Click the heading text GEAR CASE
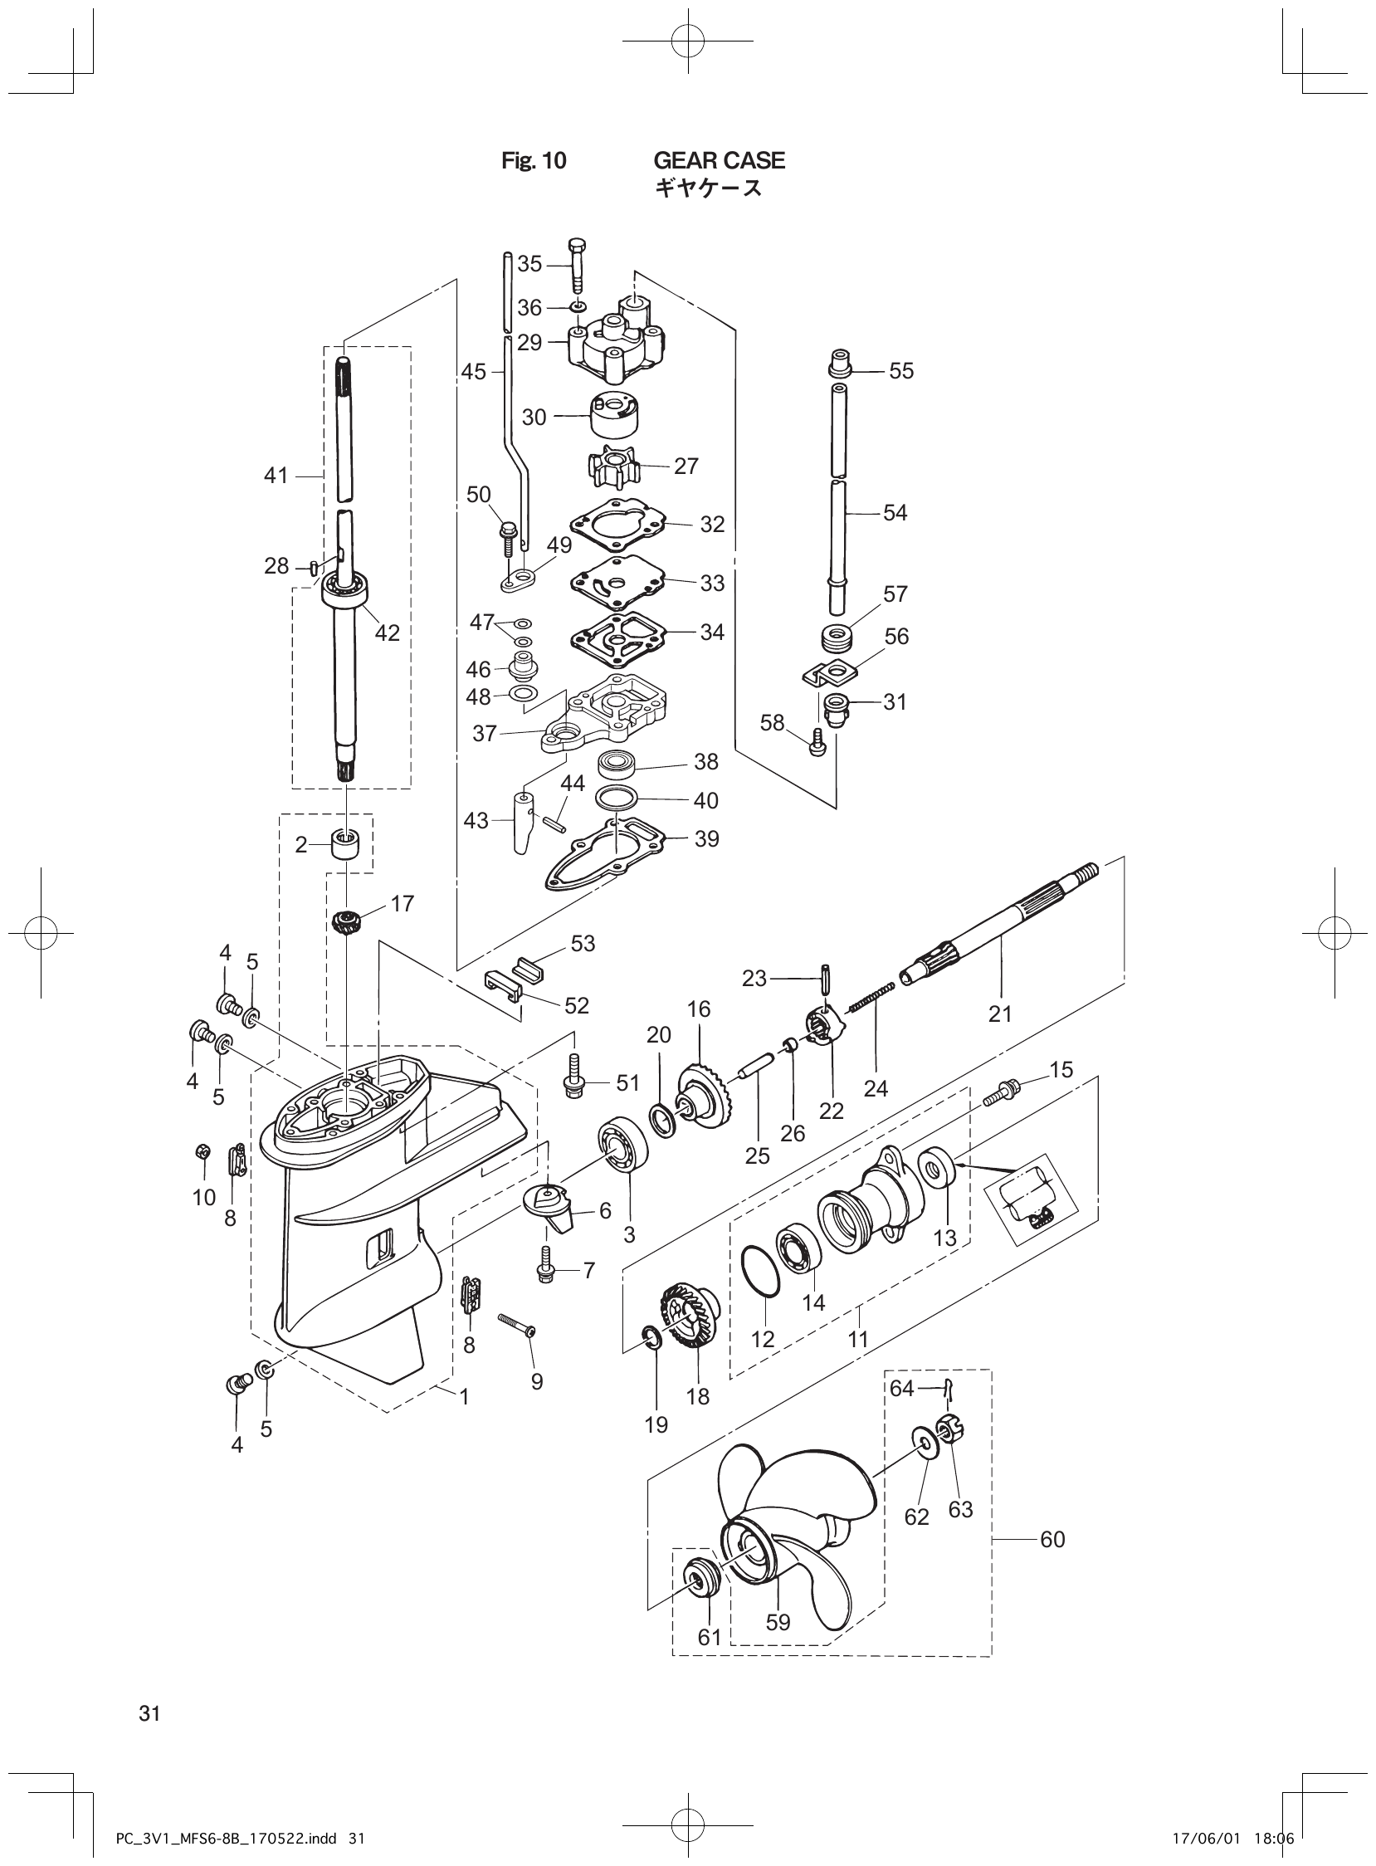[719, 160]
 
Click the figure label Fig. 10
[533, 161]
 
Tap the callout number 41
[276, 476]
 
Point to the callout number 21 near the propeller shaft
[999, 1014]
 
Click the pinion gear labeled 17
[344, 922]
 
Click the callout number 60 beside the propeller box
[1053, 1540]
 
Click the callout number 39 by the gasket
[706, 839]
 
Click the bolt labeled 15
[1003, 1094]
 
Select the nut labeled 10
[200, 1152]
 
